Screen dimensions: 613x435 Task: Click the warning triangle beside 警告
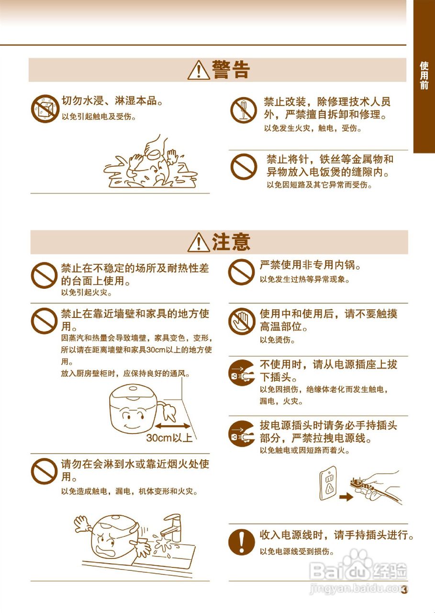[197, 70]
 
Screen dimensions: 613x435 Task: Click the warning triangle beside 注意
[197, 242]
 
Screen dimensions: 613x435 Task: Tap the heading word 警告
[231, 70]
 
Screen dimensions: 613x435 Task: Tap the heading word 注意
[231, 242]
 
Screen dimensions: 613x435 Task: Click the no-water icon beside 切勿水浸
[45, 108]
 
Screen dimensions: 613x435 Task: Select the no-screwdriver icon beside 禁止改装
[243, 110]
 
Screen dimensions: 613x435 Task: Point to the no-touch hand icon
[241, 321]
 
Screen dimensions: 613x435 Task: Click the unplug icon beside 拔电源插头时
[241, 434]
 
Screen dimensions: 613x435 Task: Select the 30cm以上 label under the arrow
[169, 438]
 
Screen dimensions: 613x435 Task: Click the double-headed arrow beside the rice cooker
[172, 425]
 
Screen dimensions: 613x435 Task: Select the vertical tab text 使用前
[424, 75]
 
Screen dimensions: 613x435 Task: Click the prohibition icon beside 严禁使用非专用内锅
[241, 272]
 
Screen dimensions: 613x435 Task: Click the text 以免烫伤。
[278, 341]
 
